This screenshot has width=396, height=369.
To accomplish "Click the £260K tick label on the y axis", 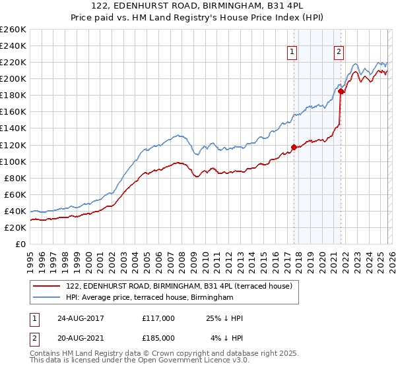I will coord(13,30).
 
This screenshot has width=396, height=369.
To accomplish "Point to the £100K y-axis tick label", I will coord(13,161).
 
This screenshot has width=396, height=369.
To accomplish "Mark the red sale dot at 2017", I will coord(294,147).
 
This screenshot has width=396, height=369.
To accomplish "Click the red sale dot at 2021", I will coord(341,92).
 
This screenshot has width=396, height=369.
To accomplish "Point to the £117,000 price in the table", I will coord(158,318).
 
